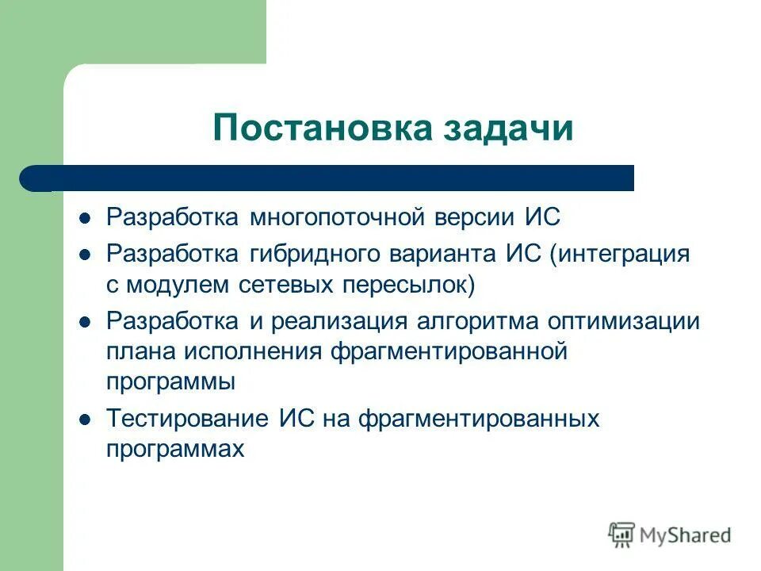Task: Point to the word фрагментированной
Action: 449,351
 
